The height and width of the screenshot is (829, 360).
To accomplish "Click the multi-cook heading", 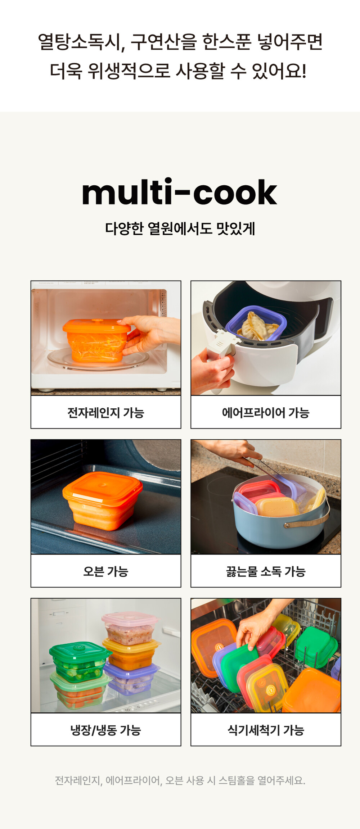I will coord(179,192).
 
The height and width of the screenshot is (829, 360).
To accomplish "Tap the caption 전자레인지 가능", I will coord(105,412).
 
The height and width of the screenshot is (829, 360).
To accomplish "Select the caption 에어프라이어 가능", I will coord(266,412).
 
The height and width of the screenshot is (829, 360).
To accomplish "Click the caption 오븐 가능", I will coord(105,571).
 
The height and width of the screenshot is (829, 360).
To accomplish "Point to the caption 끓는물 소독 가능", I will coord(266,571).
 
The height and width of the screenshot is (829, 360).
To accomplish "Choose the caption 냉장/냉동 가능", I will coord(105,730).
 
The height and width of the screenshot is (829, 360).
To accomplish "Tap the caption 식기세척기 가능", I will coord(266,730).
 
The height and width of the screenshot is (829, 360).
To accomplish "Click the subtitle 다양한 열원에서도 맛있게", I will coord(180,228).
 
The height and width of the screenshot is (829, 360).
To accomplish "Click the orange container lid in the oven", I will coord(103,486).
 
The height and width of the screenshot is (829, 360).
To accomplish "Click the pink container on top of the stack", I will coord(130,628).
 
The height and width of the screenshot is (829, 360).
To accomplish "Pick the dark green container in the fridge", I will coord(79,662).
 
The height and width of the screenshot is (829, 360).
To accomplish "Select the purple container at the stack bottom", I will coord(131,678).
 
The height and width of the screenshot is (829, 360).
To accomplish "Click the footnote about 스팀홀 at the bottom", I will coord(180,780).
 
